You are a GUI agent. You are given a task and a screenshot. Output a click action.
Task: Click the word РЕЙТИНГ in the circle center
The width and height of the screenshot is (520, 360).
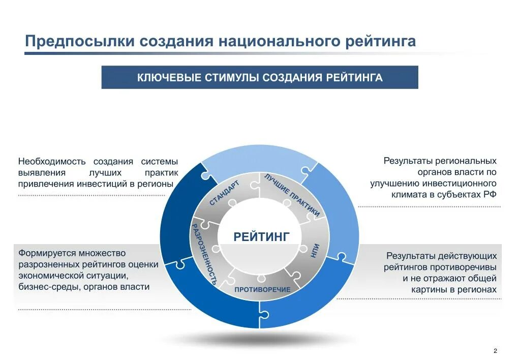pyautogui.click(x=261, y=236)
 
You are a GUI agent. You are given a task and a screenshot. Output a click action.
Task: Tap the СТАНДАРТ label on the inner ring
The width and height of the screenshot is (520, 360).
pyautogui.click(x=224, y=194)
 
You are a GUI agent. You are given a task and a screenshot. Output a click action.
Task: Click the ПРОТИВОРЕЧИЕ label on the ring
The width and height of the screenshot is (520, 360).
pyautogui.click(x=262, y=289)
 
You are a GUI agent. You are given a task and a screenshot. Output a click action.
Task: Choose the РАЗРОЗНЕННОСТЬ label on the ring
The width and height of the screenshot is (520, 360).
pyautogui.click(x=204, y=253)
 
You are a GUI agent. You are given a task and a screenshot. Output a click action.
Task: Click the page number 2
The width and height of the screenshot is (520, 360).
pyautogui.click(x=495, y=351)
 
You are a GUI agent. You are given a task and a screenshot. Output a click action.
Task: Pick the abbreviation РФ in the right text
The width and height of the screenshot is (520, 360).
pyautogui.click(x=490, y=194)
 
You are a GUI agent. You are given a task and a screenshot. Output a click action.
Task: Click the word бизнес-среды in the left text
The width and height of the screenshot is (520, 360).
pyautogui.click(x=43, y=287)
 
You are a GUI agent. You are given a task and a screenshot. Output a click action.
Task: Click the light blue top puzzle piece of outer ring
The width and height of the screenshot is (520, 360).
pyautogui.click(x=259, y=158)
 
